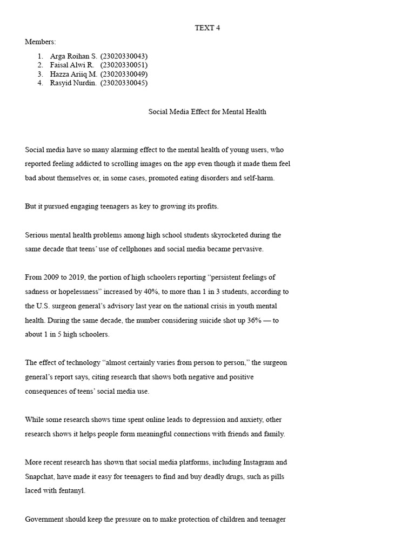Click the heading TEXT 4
pyautogui.click(x=207, y=28)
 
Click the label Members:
pyautogui.click(x=41, y=42)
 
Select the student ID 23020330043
pyautogui.click(x=124, y=56)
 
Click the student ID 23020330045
pyautogui.click(x=124, y=83)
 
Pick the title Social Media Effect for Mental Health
pyautogui.click(x=207, y=112)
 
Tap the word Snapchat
pyautogui.click(x=41, y=477)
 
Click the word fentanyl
pyautogui.click(x=72, y=491)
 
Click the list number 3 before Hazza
pyautogui.click(x=41, y=74)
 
